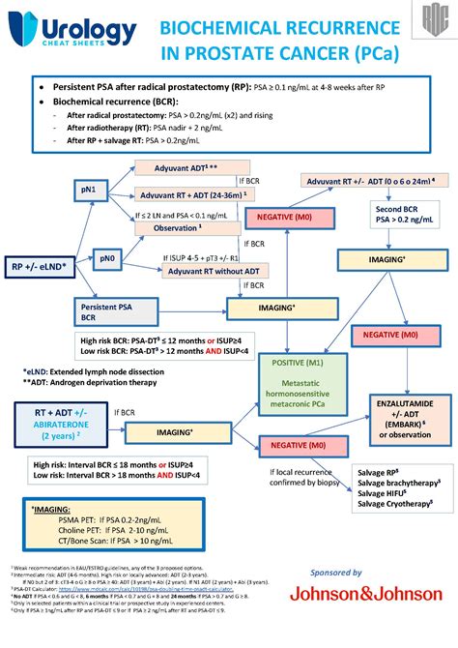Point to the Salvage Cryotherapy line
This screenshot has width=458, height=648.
(397, 504)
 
